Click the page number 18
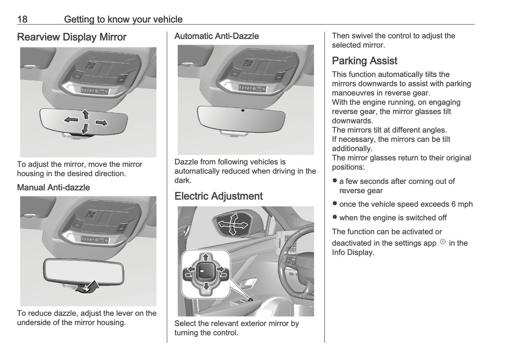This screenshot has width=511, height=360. click(x=22, y=19)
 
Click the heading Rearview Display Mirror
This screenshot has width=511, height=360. click(x=71, y=37)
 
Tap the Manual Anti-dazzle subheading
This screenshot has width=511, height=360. click(x=53, y=187)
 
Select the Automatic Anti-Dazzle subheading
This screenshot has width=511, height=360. click(x=216, y=36)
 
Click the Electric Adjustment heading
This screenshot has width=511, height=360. click(x=218, y=196)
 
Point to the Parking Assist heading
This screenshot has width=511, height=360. click(x=364, y=61)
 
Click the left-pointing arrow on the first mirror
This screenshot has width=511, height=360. click(x=71, y=120)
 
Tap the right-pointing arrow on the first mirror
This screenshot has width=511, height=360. click(x=101, y=123)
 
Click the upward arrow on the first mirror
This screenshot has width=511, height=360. click(x=85, y=114)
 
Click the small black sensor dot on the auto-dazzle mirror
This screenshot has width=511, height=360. click(x=243, y=111)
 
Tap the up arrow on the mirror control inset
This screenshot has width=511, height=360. click(x=205, y=257)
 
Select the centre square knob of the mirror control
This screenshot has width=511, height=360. click(x=204, y=271)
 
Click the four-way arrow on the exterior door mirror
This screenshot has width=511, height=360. click(x=232, y=224)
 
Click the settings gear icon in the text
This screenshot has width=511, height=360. click(x=442, y=242)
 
